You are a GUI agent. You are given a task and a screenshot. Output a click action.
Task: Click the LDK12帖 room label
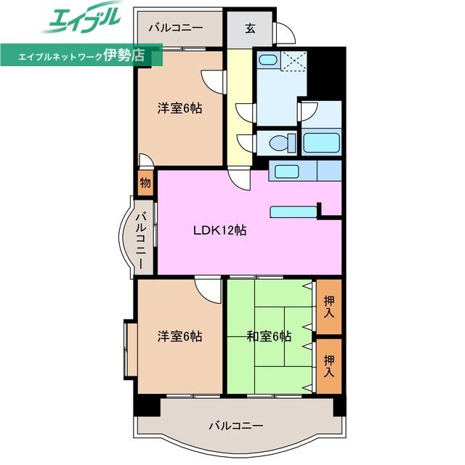[x=219, y=230]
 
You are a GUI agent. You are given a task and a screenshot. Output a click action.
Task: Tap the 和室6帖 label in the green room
[x=269, y=336]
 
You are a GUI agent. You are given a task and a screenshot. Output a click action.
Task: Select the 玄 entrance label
[x=250, y=28]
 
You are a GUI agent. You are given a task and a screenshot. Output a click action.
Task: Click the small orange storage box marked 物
[x=145, y=182]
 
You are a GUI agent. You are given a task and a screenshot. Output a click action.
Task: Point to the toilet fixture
[x=283, y=142]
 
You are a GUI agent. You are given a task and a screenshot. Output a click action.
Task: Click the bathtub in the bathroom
[x=322, y=142]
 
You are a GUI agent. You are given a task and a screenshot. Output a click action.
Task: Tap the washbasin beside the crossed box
[x=268, y=60]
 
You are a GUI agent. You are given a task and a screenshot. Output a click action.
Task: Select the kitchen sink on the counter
[x=286, y=171]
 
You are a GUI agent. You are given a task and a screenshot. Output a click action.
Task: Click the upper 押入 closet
[x=329, y=307]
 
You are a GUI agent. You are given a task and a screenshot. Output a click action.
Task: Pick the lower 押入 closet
[x=329, y=366]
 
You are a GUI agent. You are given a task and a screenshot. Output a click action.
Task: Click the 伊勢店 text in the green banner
[x=124, y=55]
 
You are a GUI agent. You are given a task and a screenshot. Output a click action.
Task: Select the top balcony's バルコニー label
[x=176, y=28]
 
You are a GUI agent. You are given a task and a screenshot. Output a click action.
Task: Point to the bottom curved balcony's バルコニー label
[x=236, y=426]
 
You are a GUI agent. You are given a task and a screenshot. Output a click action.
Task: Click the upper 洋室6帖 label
[x=180, y=108]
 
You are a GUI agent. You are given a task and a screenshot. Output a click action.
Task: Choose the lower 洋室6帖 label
[x=180, y=336]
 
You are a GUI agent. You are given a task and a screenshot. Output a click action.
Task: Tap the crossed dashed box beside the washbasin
[x=294, y=61]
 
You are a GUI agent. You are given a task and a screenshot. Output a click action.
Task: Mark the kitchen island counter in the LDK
[x=294, y=212]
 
